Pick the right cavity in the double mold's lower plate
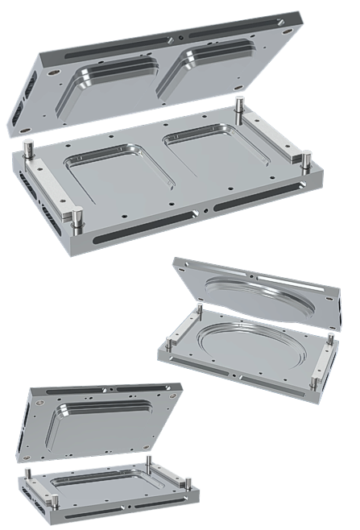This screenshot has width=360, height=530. tap(205, 148)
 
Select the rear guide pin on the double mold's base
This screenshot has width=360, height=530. tap(239, 108)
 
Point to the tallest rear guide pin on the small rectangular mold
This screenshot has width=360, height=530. tap(150, 464)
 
